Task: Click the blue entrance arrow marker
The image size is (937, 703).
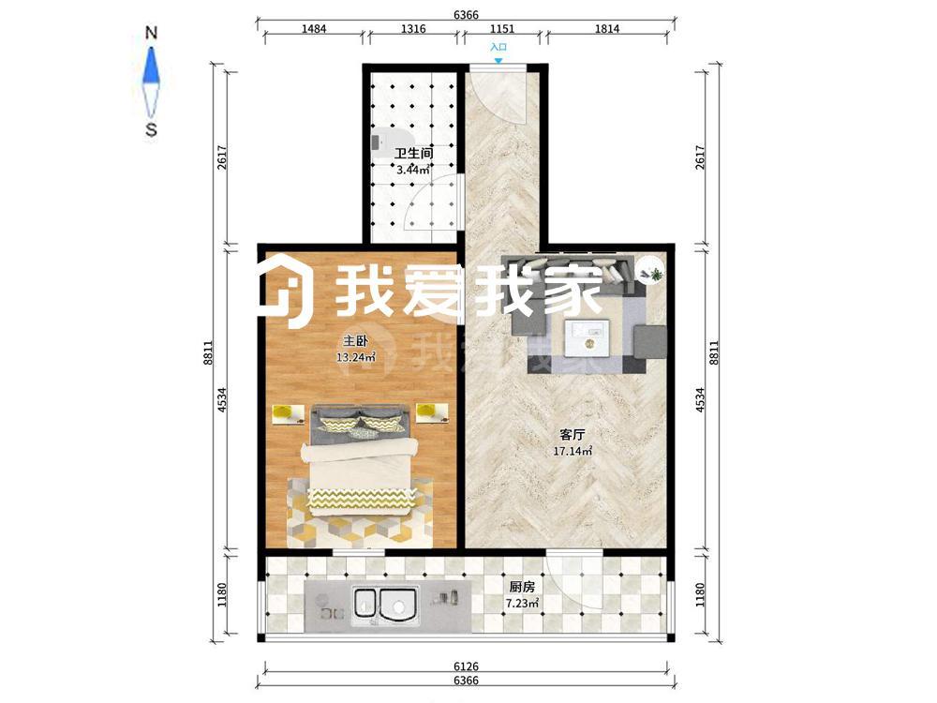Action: pos(498,60)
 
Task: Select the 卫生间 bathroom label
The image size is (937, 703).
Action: pos(413,154)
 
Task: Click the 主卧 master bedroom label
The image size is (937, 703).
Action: pos(355,341)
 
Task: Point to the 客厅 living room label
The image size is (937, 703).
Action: pos(572,435)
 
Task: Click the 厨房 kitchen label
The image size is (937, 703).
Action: pos(522,587)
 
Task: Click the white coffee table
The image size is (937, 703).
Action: pos(587,337)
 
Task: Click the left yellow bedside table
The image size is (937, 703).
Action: pos(288,413)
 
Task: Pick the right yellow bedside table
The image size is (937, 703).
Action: pos(433,413)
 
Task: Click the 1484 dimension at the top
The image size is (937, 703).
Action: pos(314,28)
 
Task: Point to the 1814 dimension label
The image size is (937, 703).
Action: pos(607,28)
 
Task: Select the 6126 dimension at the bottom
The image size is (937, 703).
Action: pos(466,666)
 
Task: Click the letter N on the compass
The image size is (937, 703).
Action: pos(151,34)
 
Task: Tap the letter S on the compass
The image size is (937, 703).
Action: pos(151,129)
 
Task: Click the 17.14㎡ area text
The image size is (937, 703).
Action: pos(573,451)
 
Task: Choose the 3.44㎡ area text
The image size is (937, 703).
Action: pos(413,170)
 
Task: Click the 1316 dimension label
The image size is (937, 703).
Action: pos(413,28)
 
